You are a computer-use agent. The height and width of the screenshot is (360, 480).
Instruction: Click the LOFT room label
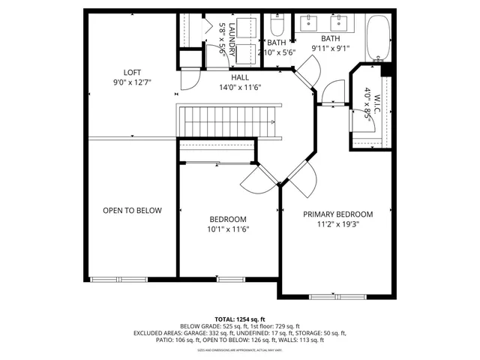click(132, 73)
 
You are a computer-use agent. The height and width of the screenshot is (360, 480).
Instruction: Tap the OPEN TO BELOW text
click(132, 211)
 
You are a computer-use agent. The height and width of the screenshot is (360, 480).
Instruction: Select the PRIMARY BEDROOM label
click(337, 214)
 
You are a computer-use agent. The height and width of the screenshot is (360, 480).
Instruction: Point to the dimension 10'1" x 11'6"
click(229, 229)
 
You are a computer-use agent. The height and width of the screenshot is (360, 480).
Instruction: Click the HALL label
click(240, 76)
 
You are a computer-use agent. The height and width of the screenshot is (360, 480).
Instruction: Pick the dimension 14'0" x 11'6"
click(240, 86)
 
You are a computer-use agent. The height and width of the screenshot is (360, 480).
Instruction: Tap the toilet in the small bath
click(276, 29)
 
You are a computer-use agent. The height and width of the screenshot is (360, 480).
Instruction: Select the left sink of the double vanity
click(309, 22)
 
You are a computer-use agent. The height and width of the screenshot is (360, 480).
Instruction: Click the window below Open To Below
click(109, 278)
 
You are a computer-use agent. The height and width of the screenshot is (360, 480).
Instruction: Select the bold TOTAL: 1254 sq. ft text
click(240, 319)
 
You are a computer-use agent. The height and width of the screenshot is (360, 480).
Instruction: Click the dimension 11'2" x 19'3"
click(337, 223)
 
